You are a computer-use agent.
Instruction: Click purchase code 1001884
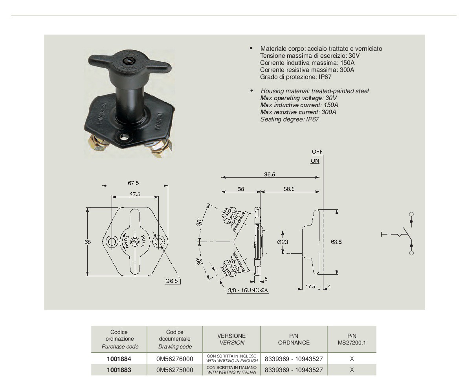point(119,359)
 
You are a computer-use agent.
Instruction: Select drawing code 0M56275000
point(174,370)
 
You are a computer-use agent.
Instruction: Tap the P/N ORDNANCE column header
point(294,339)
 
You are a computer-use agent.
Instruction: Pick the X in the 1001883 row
point(352,370)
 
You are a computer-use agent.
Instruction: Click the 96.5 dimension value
point(270,174)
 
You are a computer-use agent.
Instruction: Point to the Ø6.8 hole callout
point(172,280)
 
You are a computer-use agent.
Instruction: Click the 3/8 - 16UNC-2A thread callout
point(247,290)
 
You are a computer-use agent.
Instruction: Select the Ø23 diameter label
point(283,242)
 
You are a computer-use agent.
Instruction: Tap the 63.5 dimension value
point(336,242)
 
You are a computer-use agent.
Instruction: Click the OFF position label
point(317,152)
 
